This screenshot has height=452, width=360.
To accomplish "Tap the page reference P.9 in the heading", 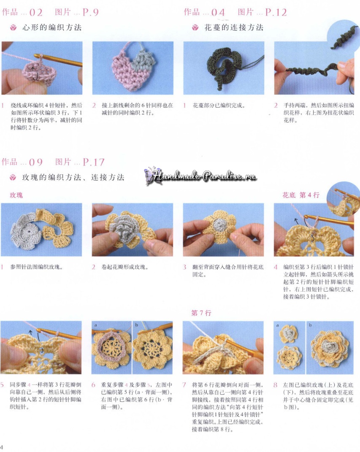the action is (x=90, y=12).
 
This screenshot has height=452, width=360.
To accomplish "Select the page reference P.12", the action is (x=276, y=12).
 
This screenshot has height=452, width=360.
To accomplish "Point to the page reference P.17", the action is (x=93, y=162).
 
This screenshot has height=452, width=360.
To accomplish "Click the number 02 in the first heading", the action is (x=36, y=12).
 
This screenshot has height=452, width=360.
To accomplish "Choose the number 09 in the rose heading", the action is (x=36, y=162).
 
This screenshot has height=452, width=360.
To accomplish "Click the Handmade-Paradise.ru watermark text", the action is (x=204, y=175).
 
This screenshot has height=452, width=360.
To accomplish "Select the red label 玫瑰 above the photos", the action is (x=16, y=195).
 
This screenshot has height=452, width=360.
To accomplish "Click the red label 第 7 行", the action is (x=201, y=313).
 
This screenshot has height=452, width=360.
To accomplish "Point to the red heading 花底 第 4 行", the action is (x=301, y=195).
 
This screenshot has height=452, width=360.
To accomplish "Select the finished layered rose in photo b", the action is (x=330, y=349).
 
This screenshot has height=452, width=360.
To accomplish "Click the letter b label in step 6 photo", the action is (x=136, y=325).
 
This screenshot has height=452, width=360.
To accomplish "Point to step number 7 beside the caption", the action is (x=184, y=385).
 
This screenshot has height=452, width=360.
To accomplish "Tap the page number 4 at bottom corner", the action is (x=1, y=447).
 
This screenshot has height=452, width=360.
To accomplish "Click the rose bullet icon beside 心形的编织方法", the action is (x=13, y=28).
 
